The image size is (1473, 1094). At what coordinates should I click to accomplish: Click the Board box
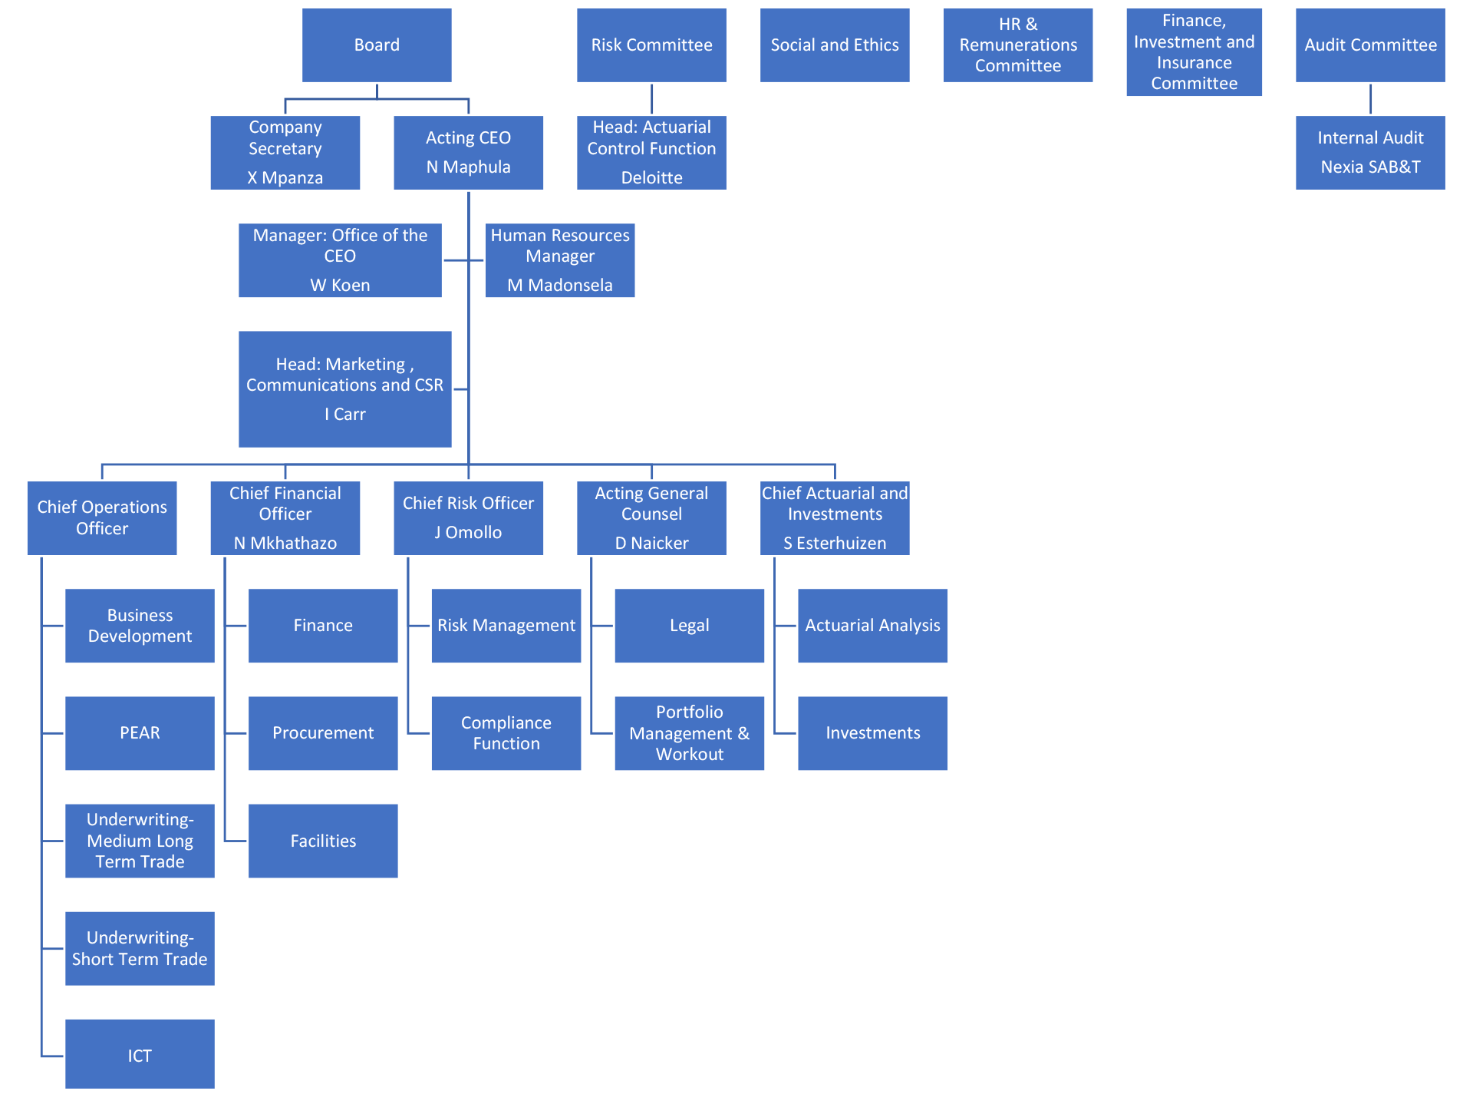(x=377, y=45)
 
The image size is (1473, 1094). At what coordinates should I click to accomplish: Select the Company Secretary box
(x=285, y=153)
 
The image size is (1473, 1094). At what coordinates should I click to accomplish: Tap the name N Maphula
(x=469, y=167)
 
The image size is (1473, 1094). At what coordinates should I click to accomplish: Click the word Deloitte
(x=652, y=177)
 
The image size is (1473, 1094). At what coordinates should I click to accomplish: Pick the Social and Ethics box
(x=835, y=45)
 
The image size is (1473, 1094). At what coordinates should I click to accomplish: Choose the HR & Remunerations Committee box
(x=1018, y=45)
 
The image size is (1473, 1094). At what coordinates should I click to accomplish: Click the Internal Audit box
(x=1370, y=153)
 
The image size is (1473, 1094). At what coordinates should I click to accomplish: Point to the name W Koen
(x=340, y=285)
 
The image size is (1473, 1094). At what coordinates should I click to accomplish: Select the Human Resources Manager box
(x=560, y=260)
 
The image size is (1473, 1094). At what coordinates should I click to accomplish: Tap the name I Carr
(x=345, y=414)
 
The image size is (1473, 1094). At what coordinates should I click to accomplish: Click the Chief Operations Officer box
(x=102, y=518)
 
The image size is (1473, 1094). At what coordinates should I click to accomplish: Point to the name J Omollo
(x=468, y=532)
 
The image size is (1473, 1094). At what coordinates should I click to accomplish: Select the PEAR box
(x=140, y=733)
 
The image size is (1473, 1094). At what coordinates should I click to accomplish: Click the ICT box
(x=140, y=1054)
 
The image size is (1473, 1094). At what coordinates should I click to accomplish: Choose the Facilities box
(x=323, y=841)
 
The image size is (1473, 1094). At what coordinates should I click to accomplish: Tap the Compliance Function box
(x=506, y=733)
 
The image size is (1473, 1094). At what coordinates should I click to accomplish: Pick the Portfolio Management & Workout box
(x=690, y=733)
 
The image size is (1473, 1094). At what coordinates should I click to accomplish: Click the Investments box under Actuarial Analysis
(x=873, y=733)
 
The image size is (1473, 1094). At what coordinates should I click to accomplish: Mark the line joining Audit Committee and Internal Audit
(x=1370, y=99)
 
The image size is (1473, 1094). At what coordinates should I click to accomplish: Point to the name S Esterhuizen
(x=835, y=543)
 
